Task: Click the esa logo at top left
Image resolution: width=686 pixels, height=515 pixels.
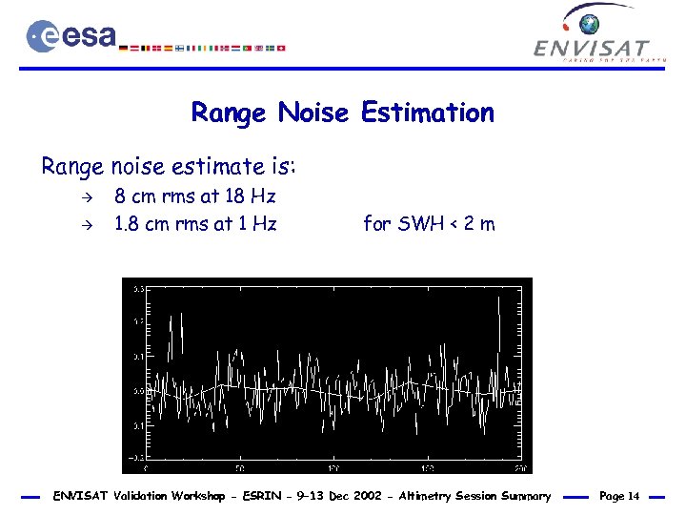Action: [71, 36]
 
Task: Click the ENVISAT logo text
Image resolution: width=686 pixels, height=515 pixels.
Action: [592, 48]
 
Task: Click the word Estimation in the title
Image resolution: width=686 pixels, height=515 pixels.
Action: [427, 113]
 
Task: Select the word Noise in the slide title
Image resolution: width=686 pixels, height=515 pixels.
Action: [313, 113]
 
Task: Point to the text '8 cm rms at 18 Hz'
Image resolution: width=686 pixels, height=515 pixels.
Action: [194, 197]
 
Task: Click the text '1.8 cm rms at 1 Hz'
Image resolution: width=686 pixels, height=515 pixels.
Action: [195, 225]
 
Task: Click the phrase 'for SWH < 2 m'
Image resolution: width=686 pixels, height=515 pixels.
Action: [429, 225]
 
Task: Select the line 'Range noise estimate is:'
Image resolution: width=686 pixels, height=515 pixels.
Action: [169, 167]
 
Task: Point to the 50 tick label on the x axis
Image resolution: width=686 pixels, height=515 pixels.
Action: [239, 468]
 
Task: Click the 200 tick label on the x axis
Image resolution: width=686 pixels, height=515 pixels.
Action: [519, 468]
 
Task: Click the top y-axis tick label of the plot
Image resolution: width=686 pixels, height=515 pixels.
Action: [137, 288]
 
